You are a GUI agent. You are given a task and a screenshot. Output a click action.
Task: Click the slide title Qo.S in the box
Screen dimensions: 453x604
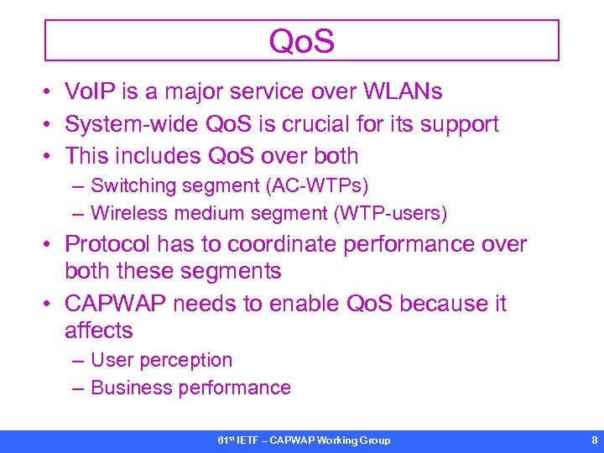pos(302,41)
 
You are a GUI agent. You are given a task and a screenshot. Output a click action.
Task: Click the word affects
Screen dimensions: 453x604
pos(98,331)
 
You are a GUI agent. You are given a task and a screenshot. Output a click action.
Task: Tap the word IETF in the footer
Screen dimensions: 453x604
pos(247,440)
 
